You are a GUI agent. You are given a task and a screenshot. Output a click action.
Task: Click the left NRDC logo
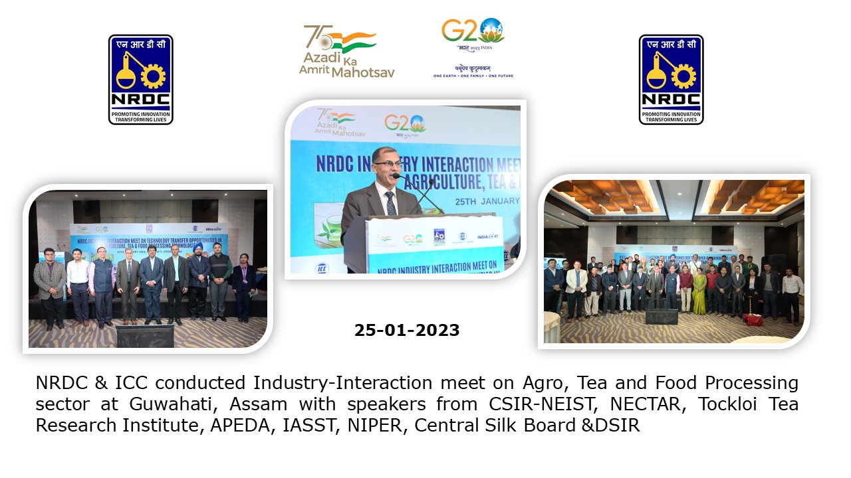point(140,80)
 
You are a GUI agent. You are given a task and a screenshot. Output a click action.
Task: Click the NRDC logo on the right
point(671,80)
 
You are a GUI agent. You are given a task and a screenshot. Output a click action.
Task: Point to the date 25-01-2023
point(407,330)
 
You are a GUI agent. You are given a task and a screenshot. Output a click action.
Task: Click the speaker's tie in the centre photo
point(390,203)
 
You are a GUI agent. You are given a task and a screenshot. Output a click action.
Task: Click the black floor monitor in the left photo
point(144,336)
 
